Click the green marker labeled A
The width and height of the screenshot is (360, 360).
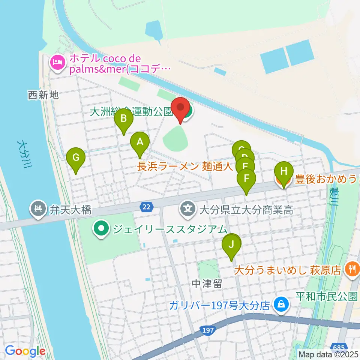pos(140,143)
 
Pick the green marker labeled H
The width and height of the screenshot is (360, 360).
pos(284,172)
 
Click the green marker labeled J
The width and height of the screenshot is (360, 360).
pos(231,245)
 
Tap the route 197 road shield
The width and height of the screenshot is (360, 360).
pos(210,330)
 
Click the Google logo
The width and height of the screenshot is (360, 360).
pos(25,351)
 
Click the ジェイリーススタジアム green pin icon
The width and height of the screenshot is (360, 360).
pos(101,229)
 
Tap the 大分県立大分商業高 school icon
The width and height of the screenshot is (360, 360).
pos(187,207)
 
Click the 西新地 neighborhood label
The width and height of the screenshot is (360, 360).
pos(43,95)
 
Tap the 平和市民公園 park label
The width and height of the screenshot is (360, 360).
pos(327,296)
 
